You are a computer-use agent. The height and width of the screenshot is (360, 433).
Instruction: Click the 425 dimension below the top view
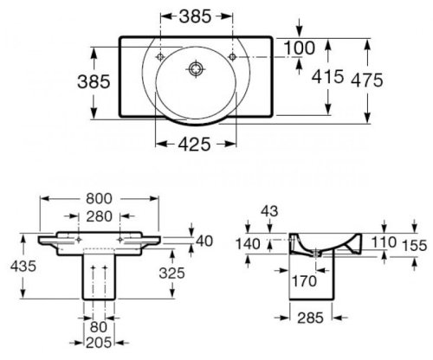click(195, 146)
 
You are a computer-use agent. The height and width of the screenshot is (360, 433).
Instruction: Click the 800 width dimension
click(99, 198)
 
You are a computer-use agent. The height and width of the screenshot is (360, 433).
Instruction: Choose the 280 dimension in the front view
click(99, 215)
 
